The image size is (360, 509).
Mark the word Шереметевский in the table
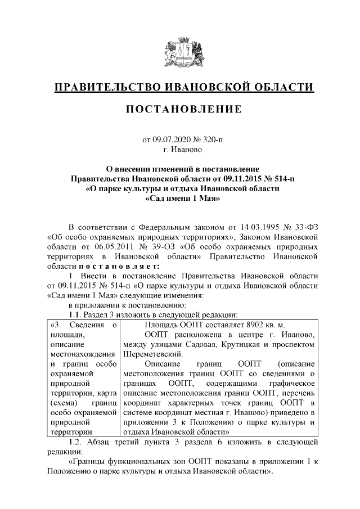[x=148, y=355]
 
